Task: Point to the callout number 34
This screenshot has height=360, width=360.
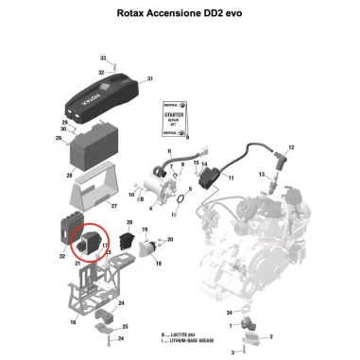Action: (229, 311)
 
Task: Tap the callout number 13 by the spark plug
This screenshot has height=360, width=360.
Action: (262, 176)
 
